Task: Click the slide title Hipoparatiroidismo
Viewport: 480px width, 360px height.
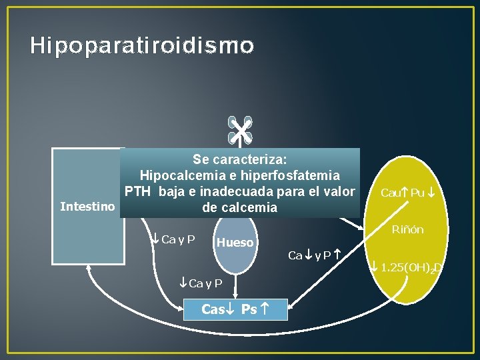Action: pyautogui.click(x=142, y=45)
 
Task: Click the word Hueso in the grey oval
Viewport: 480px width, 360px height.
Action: pyautogui.click(x=235, y=243)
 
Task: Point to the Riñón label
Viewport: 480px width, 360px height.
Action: pyautogui.click(x=407, y=230)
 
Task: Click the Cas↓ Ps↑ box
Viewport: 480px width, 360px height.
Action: pyautogui.click(x=235, y=309)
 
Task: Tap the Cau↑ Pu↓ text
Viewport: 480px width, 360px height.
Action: pyautogui.click(x=408, y=193)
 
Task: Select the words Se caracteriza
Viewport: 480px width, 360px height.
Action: pyautogui.click(x=239, y=159)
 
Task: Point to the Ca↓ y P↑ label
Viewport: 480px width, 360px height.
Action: pyautogui.click(x=315, y=255)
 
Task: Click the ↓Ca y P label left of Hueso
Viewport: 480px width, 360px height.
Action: pyautogui.click(x=172, y=239)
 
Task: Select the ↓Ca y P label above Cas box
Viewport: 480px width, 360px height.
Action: pyautogui.click(x=201, y=283)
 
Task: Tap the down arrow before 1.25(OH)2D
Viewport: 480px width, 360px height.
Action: pyautogui.click(x=375, y=267)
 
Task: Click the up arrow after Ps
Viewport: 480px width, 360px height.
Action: pyautogui.click(x=265, y=309)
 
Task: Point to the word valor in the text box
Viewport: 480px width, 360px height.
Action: pyautogui.click(x=339, y=191)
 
